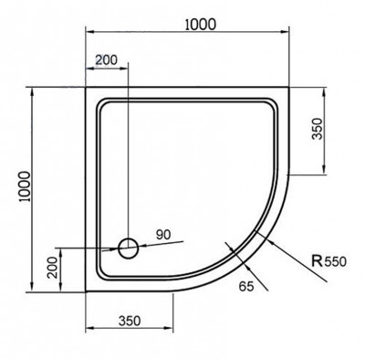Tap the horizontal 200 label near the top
pos(107,59)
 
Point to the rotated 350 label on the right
pos(318,130)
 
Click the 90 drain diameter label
pos(164,236)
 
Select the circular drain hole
pos(129,247)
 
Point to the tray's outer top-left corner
pos(87,90)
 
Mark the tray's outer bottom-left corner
pos(87,290)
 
